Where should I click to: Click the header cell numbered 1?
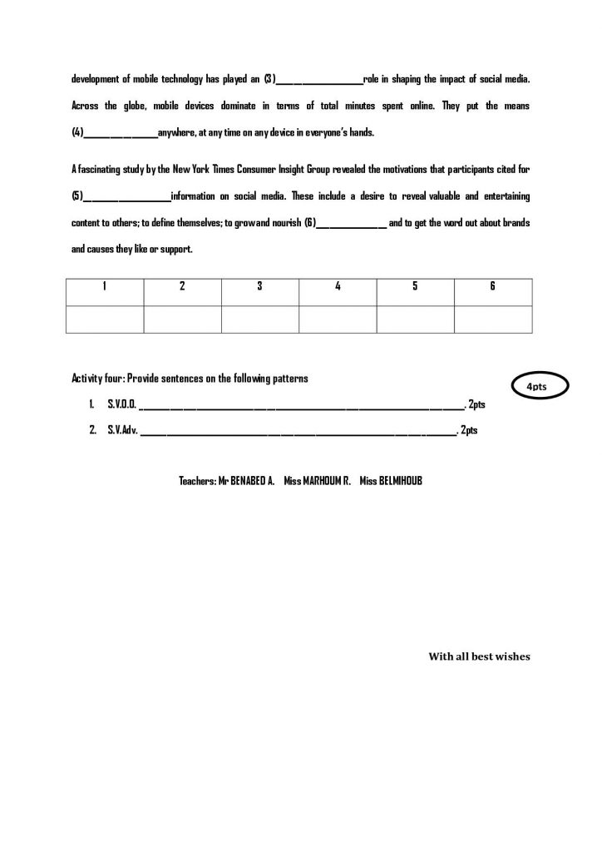pos(105,286)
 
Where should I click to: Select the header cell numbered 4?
pos(338,286)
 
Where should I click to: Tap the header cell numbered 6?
pos(492,286)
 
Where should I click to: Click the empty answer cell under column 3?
pos(259,319)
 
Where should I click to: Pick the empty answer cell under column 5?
pos(415,319)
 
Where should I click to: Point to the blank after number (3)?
pos(319,80)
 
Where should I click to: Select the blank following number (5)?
pos(126,196)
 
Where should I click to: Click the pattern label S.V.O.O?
pos(121,404)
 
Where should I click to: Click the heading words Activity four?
pos(97,378)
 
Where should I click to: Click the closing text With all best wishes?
pos(479,656)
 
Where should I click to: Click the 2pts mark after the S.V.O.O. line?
pos(476,404)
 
